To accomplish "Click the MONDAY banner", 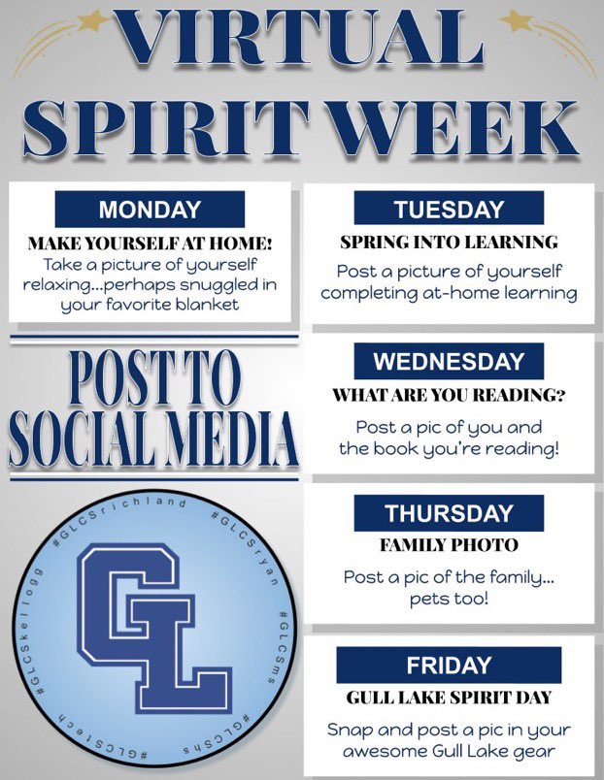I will (150, 210).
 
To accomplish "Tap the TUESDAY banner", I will (449, 210).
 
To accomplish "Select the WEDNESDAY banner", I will (449, 362).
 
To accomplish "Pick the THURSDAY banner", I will (449, 513).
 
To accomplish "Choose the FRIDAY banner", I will (449, 666).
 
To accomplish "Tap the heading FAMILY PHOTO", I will (449, 545).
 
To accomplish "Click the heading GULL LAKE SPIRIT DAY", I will (449, 698).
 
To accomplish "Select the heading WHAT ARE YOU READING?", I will (449, 395).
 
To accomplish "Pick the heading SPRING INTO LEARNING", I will (449, 242).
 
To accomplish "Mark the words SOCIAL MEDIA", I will (151, 441).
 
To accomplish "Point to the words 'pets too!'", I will (449, 601).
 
